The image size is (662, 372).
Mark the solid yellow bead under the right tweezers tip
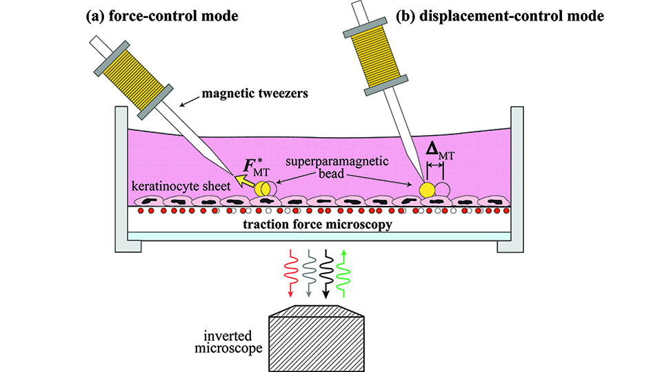pyautogui.click(x=428, y=189)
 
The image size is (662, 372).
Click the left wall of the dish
pyautogui.click(x=122, y=179)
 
